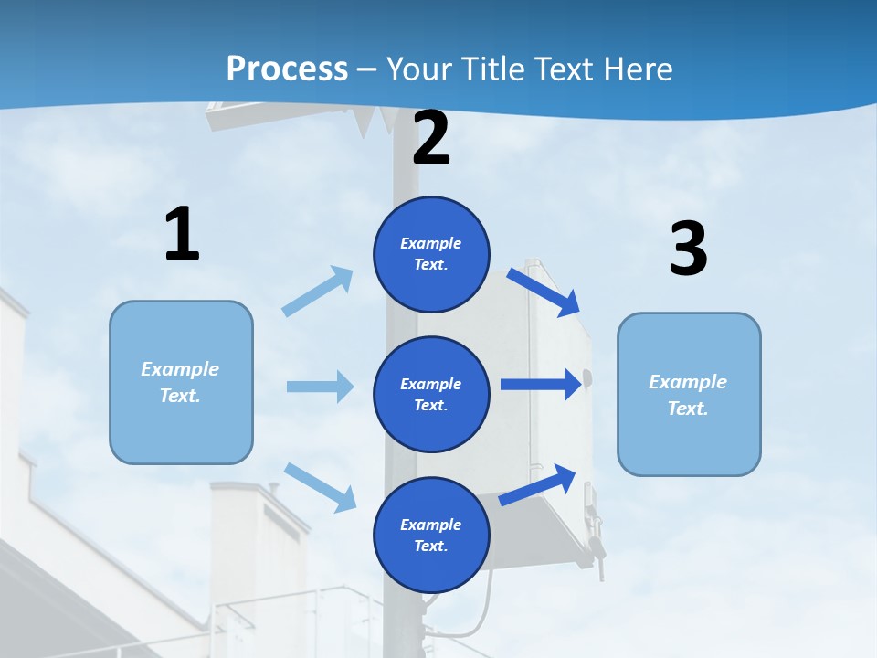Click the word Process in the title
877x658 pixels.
[287, 69]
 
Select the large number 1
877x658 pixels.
[182, 235]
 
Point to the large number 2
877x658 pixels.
[431, 139]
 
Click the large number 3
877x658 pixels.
[688, 249]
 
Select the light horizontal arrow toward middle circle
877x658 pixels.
[320, 387]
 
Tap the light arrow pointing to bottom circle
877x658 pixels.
[321, 486]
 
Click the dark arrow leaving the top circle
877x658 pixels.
[544, 292]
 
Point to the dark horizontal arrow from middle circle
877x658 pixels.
[541, 385]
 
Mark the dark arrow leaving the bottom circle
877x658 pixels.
[538, 484]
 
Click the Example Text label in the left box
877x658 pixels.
[180, 382]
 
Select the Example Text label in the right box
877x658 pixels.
[688, 395]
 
